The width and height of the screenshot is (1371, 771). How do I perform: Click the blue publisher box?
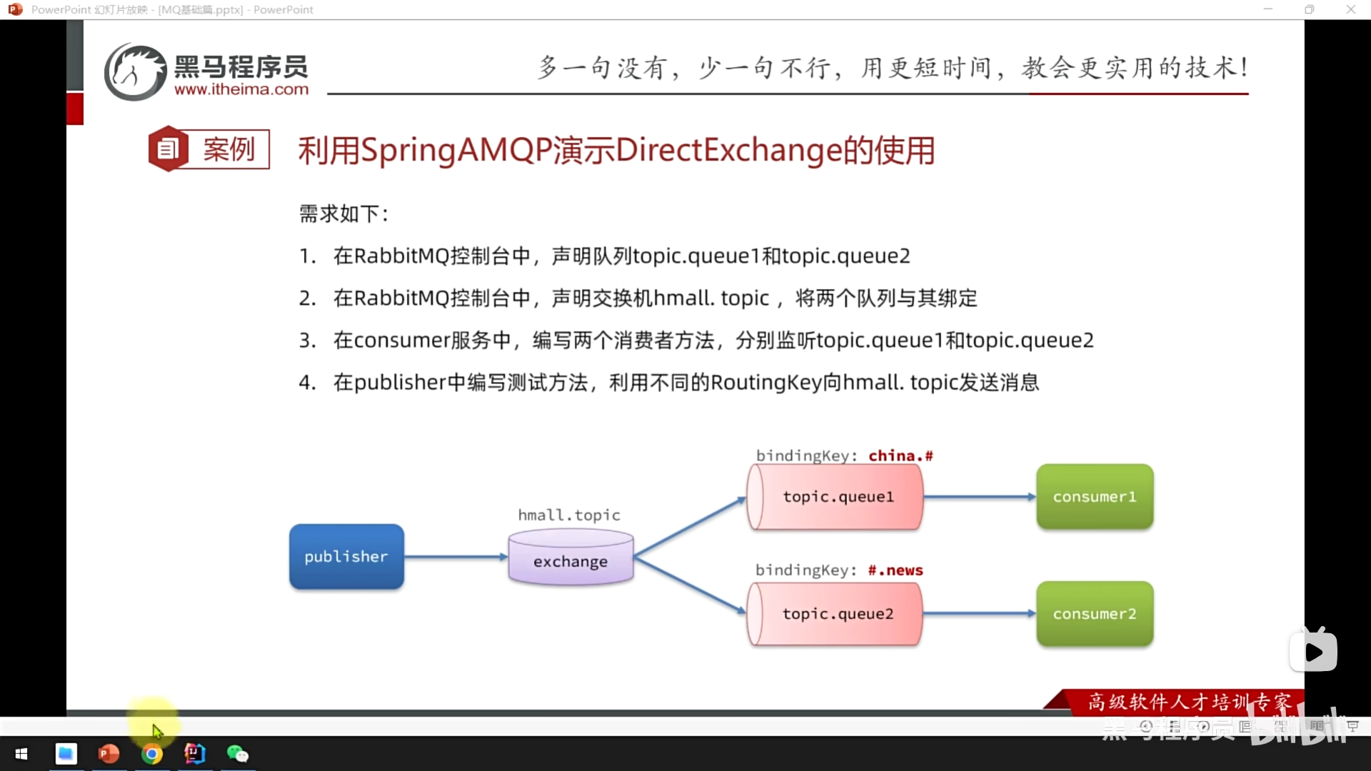coord(346,557)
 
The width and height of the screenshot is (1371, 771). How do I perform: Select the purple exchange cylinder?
coord(571,560)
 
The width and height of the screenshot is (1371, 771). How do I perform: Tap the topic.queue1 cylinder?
coord(835,497)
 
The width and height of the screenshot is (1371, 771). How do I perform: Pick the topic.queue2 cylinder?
coord(835,614)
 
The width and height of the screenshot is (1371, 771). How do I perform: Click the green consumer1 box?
coord(1095,497)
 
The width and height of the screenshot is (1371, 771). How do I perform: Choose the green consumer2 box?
coord(1095,614)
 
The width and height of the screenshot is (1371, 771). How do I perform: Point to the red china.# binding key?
coord(900,455)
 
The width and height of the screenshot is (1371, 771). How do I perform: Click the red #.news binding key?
coord(895,570)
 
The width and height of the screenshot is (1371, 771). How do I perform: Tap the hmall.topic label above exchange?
coord(569,515)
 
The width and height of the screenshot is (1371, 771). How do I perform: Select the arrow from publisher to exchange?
coord(456,557)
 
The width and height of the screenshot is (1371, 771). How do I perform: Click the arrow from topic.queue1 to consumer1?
coord(979,497)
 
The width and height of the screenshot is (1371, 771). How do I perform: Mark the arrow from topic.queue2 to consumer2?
coord(979,614)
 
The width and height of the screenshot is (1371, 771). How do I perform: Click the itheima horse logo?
coord(136,72)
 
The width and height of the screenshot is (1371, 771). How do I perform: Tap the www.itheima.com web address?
coord(241,90)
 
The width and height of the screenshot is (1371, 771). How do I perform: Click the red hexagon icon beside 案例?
coord(168,148)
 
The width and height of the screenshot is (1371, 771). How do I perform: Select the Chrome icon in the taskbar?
coord(151,754)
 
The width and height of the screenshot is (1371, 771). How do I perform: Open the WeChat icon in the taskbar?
coord(237,754)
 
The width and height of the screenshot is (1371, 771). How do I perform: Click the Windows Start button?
coord(21,754)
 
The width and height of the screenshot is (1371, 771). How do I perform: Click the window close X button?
coord(1350,9)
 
